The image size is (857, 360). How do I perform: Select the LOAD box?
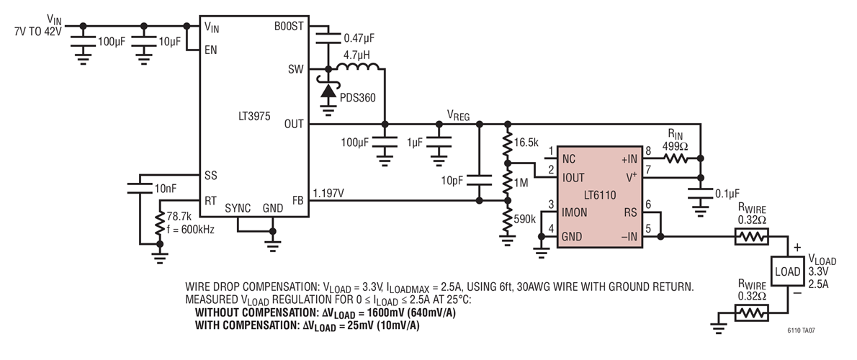(x=787, y=271)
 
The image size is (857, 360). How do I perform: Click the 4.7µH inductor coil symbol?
(x=358, y=67)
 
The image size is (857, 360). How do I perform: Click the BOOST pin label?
(x=288, y=26)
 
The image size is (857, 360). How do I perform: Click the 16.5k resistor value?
(x=526, y=143)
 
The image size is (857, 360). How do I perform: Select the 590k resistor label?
(x=525, y=220)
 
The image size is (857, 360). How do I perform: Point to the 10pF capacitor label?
(x=454, y=180)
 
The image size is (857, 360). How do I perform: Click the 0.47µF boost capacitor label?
(x=359, y=39)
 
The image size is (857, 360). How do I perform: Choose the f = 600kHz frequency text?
(x=191, y=230)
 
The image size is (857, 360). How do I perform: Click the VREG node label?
(x=458, y=114)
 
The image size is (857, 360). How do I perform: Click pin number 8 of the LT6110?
(x=649, y=150)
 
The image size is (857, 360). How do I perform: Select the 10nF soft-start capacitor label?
(x=166, y=189)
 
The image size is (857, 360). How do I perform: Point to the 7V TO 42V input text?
(x=38, y=32)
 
